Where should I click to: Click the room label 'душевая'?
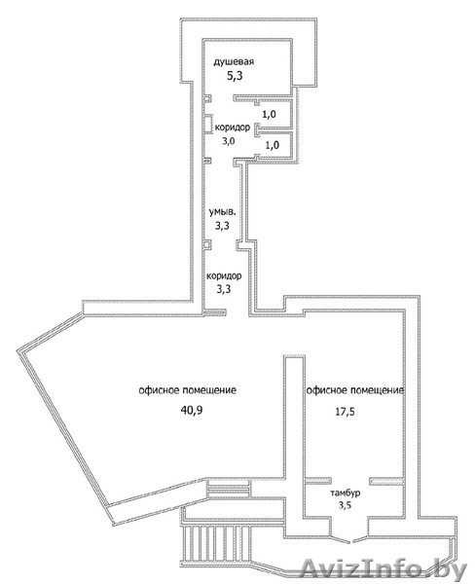(x=234, y=61)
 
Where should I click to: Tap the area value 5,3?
(x=235, y=76)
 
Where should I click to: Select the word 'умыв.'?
(x=222, y=212)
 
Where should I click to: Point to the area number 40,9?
(x=192, y=410)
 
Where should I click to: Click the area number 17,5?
(x=345, y=412)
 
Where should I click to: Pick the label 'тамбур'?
(x=346, y=493)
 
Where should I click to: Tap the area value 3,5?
(x=346, y=505)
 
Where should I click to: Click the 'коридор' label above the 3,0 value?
(x=233, y=128)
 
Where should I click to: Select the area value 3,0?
(x=229, y=141)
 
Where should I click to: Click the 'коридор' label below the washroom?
(x=224, y=276)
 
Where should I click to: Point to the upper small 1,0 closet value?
(x=269, y=114)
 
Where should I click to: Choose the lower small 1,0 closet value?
(x=273, y=144)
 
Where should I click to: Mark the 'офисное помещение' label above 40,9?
(x=187, y=390)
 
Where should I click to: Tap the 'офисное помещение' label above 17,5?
(x=355, y=390)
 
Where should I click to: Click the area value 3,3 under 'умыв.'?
(x=222, y=226)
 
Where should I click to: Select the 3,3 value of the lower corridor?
(x=224, y=289)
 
